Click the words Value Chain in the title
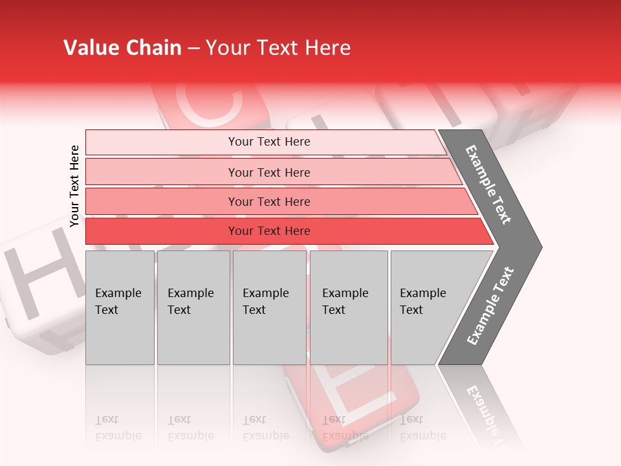[x=122, y=48]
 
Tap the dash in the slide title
[x=193, y=49]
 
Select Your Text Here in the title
[x=278, y=48]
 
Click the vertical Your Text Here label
[x=74, y=186]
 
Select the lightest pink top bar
[x=268, y=142]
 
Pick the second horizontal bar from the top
[x=268, y=172]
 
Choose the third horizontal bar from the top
[x=268, y=201]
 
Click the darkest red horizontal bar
[x=268, y=231]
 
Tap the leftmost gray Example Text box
[x=120, y=307]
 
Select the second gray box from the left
[x=193, y=307]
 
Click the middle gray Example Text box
[x=269, y=307]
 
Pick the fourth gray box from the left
[x=348, y=307]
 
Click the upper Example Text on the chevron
[x=489, y=184]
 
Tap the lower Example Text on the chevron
[x=490, y=306]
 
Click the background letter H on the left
[x=39, y=275]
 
